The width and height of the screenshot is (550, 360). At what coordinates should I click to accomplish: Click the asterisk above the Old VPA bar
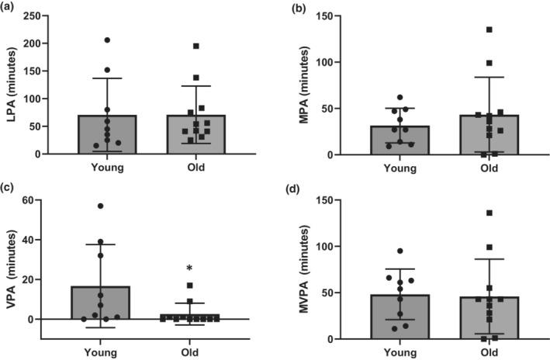coord(189,269)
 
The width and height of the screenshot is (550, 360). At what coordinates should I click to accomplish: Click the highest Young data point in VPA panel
coord(100,206)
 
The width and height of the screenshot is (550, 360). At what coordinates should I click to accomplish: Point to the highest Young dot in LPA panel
coord(107,40)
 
